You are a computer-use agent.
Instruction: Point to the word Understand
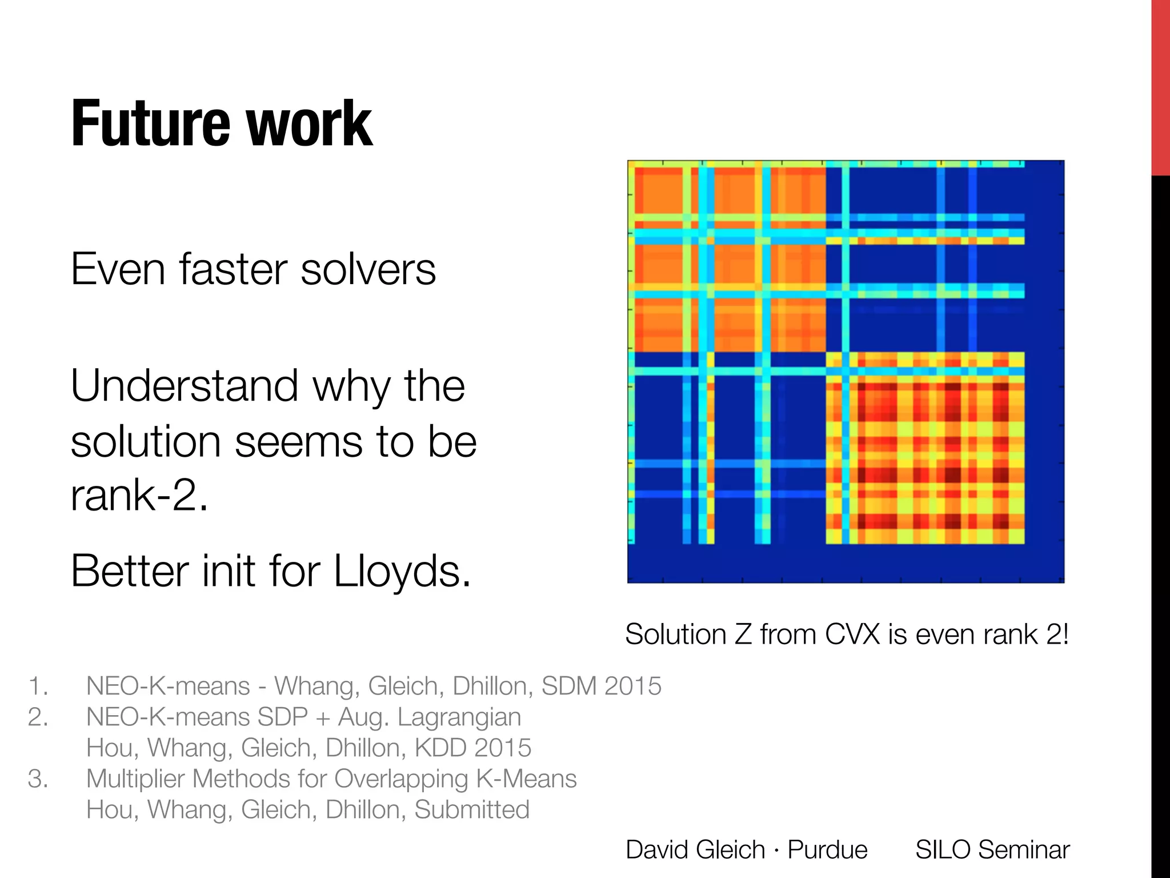click(185, 386)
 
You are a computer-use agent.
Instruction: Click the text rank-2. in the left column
click(139, 494)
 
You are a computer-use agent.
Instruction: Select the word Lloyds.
click(402, 571)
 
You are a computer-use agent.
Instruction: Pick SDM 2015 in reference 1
click(601, 686)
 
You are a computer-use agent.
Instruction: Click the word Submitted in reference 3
click(472, 809)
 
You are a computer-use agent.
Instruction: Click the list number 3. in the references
click(38, 779)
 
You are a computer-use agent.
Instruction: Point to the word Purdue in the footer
click(827, 849)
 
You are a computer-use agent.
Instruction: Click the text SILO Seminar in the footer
click(992, 849)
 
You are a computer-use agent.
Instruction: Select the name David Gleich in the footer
click(695, 849)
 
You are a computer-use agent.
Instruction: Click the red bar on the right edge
click(1160, 86)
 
